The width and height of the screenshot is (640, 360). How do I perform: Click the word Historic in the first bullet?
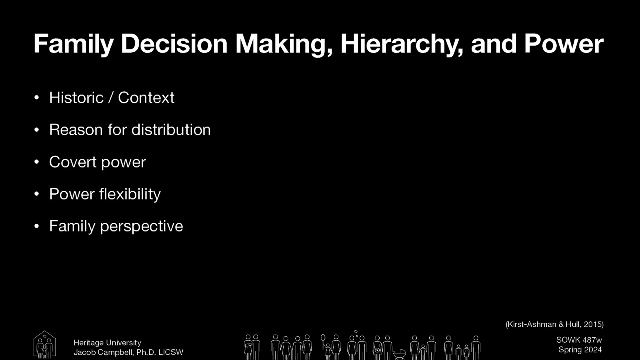tap(76, 98)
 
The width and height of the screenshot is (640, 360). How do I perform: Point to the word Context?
tap(146, 98)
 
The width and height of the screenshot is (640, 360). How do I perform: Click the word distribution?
tap(171, 130)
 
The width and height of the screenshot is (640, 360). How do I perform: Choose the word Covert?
tap(73, 162)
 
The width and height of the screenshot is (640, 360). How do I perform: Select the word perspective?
tap(141, 226)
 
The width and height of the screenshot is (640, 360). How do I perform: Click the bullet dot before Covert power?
tap(36, 162)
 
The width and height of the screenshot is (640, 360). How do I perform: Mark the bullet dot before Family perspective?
tap(36, 226)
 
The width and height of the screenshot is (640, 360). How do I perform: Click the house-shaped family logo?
tap(44, 344)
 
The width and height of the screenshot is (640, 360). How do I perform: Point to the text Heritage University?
tap(107, 343)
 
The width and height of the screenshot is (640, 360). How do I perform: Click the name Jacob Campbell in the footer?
tap(103, 352)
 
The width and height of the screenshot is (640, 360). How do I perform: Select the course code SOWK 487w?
tap(579, 340)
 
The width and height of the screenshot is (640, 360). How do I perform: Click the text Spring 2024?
tap(580, 350)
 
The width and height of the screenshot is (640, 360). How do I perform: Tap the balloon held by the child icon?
tap(323, 338)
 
